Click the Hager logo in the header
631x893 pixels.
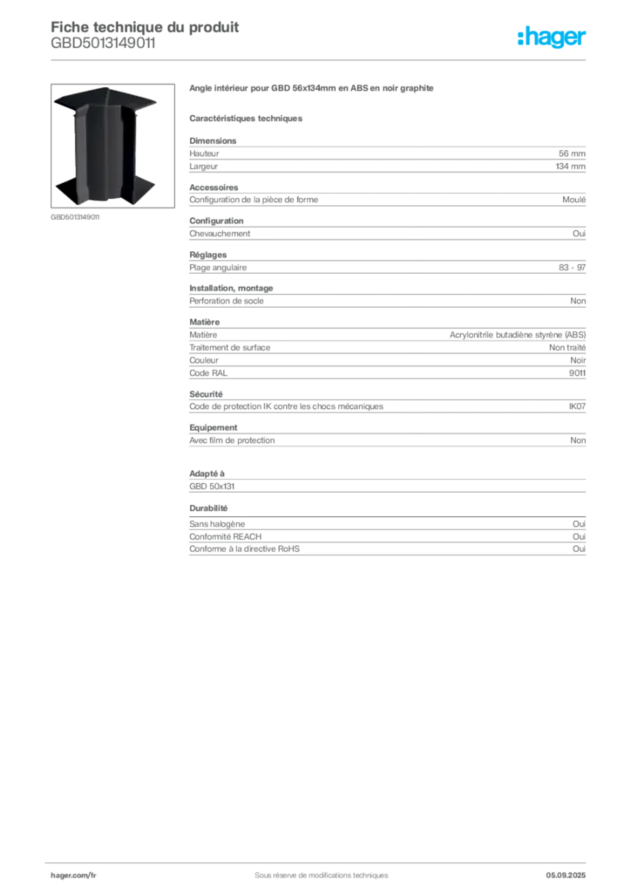tap(551, 37)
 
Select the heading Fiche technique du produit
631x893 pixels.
tap(145, 27)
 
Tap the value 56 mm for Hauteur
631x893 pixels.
tap(572, 153)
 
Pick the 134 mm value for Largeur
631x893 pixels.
tap(571, 167)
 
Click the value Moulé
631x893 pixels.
tap(574, 200)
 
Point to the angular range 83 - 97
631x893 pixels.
tap(572, 268)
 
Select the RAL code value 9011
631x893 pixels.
tap(577, 373)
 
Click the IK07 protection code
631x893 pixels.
tap(577, 406)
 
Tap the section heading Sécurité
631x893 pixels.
tap(206, 394)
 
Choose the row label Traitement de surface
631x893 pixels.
tap(230, 347)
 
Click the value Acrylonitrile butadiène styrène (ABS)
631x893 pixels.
tap(518, 335)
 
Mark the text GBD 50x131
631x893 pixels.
tap(212, 487)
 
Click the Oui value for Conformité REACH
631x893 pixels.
tap(580, 536)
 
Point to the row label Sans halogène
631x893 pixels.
tap(217, 524)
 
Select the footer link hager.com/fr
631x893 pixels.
tap(73, 876)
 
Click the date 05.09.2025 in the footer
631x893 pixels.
tap(566, 876)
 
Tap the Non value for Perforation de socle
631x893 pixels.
tap(578, 301)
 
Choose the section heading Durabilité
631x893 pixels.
tap(208, 508)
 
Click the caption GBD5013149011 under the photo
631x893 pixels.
tap(75, 217)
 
